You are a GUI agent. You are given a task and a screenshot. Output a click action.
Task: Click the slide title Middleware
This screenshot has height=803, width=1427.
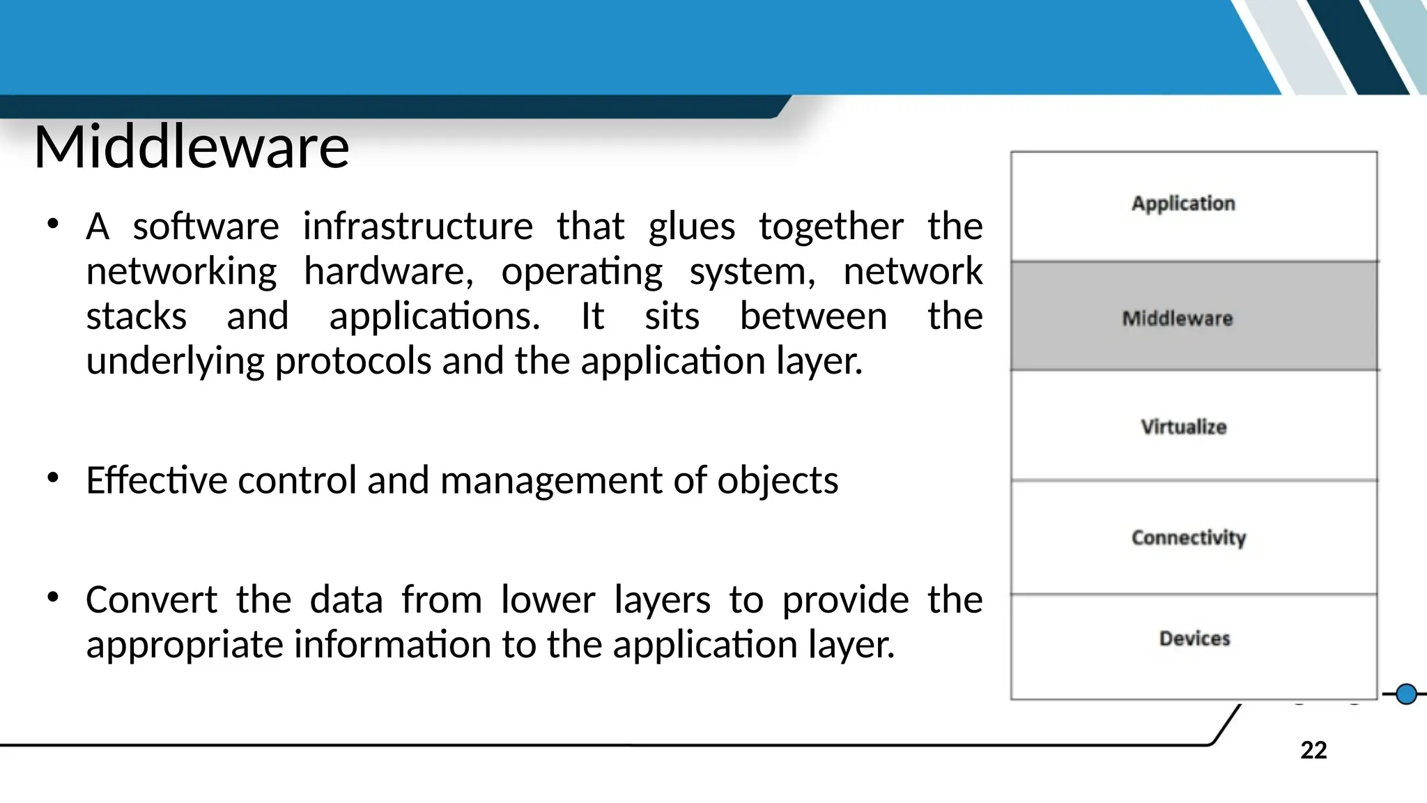coord(192,147)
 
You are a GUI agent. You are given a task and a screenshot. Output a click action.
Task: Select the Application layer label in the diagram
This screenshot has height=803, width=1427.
coord(1183,204)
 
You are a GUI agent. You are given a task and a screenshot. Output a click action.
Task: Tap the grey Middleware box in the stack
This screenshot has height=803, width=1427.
coord(1194,316)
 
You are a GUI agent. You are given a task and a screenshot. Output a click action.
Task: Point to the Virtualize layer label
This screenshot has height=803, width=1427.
coord(1183,427)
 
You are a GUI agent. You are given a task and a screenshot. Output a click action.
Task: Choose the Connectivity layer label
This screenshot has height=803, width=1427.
coord(1188,537)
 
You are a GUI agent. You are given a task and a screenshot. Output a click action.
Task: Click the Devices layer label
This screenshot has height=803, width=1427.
coord(1194,638)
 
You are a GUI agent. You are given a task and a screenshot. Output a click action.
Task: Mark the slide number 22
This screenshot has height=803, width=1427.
coord(1313,750)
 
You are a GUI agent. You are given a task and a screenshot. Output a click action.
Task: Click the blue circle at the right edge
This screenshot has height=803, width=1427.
coord(1406,694)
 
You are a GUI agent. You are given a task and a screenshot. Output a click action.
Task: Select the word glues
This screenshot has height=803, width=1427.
coord(691,227)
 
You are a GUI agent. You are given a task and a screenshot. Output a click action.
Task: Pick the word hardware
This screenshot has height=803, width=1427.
coord(388,271)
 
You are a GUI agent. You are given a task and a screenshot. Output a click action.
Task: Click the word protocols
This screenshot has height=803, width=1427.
coord(353,362)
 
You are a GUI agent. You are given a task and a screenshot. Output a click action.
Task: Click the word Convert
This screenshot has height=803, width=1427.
coord(151,599)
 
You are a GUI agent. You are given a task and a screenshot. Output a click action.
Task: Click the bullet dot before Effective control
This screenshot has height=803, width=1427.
coord(53,478)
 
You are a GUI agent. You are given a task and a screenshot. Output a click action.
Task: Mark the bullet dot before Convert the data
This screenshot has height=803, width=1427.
coord(53,597)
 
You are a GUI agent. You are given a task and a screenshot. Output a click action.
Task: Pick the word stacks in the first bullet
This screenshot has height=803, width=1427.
coord(137,316)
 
